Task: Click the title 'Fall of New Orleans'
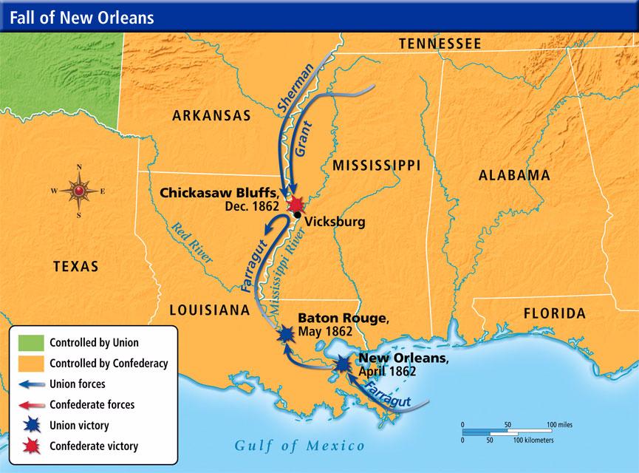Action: tap(82, 16)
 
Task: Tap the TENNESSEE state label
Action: tap(440, 44)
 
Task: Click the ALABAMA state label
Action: tap(514, 175)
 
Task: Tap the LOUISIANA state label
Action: tap(209, 310)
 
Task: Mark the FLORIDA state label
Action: tap(554, 313)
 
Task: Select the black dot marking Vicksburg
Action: tap(296, 215)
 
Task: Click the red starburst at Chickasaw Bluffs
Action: tap(297, 203)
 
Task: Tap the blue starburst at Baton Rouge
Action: tap(286, 334)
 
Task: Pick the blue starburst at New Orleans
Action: tap(343, 364)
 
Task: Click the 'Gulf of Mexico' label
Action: tap(300, 446)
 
